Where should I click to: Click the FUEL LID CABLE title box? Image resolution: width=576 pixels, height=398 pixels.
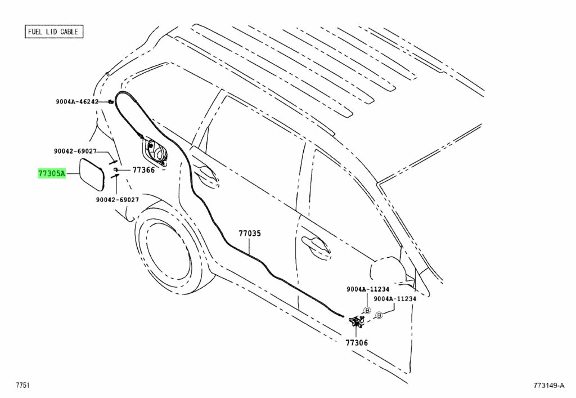coord(54,32)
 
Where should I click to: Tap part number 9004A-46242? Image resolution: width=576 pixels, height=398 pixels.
coord(77,101)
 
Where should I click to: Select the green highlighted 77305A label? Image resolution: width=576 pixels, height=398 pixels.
coord(52,173)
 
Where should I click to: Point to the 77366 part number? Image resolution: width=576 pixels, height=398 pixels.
coord(143,170)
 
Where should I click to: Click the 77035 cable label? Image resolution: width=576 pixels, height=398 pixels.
coord(250,234)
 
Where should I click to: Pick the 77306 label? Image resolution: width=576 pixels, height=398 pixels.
coord(356,342)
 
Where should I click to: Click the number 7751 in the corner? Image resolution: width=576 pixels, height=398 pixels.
coord(22,385)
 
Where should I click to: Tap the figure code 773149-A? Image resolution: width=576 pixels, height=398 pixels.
coord(549,386)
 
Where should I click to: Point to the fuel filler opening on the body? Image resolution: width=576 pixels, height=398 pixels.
coord(156,150)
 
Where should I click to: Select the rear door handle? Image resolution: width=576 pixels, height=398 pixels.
coord(206,173)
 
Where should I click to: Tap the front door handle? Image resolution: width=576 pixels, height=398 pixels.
coord(316,245)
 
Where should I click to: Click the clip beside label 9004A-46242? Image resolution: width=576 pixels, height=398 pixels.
coord(110,101)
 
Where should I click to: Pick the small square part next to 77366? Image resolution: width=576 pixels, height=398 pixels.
coord(115,169)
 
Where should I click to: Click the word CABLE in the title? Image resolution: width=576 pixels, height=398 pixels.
coord(69,32)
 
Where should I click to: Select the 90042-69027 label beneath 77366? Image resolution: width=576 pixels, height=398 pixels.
coord(118,200)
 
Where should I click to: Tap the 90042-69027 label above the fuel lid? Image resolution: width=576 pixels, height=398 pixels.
coord(75,151)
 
